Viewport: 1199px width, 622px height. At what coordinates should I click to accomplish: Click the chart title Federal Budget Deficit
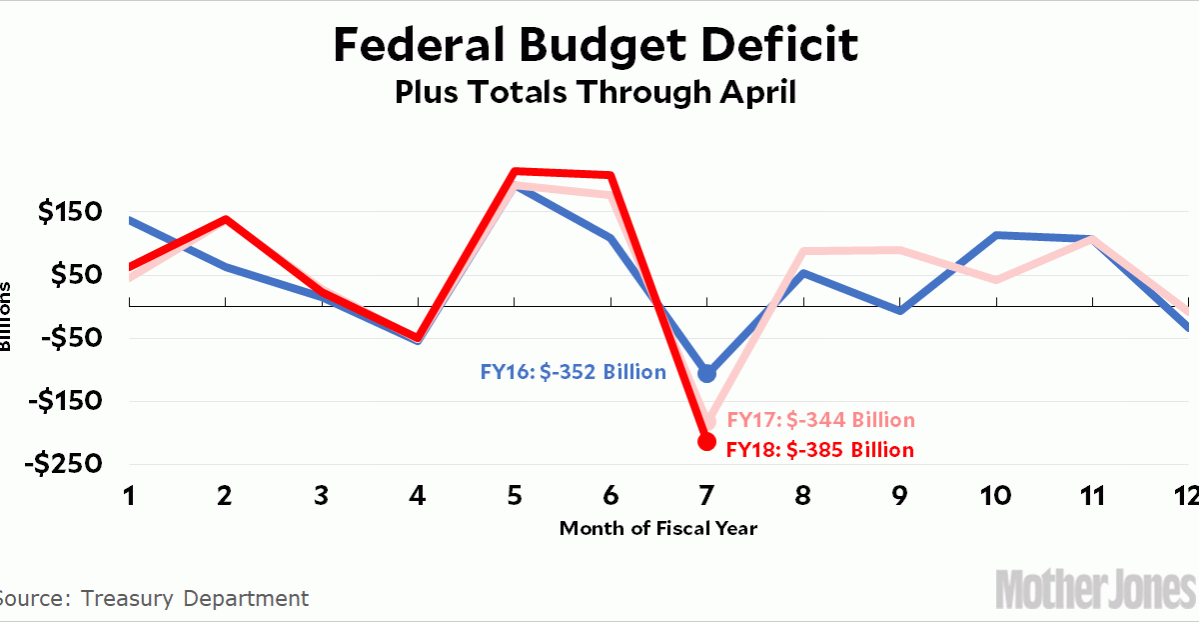point(595,45)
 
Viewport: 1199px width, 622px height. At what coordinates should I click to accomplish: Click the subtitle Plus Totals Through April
point(595,92)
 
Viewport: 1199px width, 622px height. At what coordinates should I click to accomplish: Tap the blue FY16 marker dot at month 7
point(707,373)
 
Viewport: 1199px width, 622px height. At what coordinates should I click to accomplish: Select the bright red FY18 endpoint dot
point(707,441)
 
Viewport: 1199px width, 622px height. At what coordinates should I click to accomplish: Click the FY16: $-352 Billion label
point(573,372)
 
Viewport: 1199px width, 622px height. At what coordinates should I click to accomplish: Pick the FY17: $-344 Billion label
point(819,420)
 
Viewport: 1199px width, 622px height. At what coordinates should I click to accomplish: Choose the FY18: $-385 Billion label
point(819,450)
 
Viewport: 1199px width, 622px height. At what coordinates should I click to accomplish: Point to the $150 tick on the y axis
point(70,212)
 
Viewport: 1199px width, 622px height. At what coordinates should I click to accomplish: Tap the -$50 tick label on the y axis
point(70,338)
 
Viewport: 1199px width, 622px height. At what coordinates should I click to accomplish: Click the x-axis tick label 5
point(515,496)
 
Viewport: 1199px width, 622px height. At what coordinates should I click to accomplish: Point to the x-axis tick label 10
point(996,496)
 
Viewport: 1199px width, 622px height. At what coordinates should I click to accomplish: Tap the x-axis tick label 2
point(225,496)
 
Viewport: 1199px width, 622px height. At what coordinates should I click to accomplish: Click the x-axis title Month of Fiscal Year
point(657,528)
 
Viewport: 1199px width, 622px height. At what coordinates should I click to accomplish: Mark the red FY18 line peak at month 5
point(514,172)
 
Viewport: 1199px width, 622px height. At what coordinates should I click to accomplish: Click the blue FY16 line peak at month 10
point(997,235)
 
